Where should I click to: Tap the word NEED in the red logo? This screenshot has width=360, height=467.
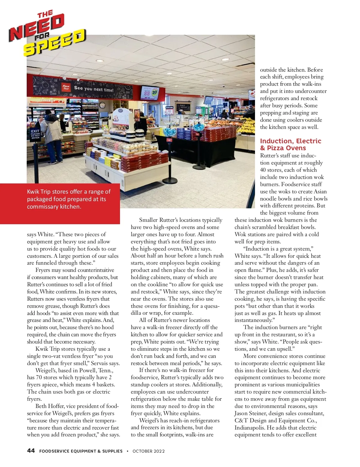[x=36, y=27]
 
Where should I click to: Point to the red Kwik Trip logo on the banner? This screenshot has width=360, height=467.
[x=66, y=87]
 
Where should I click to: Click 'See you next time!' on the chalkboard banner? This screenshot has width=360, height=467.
[x=94, y=89]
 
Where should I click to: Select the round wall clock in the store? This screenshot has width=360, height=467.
[x=102, y=105]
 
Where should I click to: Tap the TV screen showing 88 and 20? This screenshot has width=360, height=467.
[x=150, y=93]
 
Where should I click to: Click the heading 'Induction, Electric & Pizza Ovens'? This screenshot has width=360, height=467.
[x=290, y=144]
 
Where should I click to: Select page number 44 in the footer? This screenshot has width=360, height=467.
[x=31, y=451]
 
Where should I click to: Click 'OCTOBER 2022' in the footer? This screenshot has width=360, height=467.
[x=148, y=451]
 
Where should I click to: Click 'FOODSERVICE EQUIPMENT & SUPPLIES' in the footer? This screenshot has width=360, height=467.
[x=81, y=451]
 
